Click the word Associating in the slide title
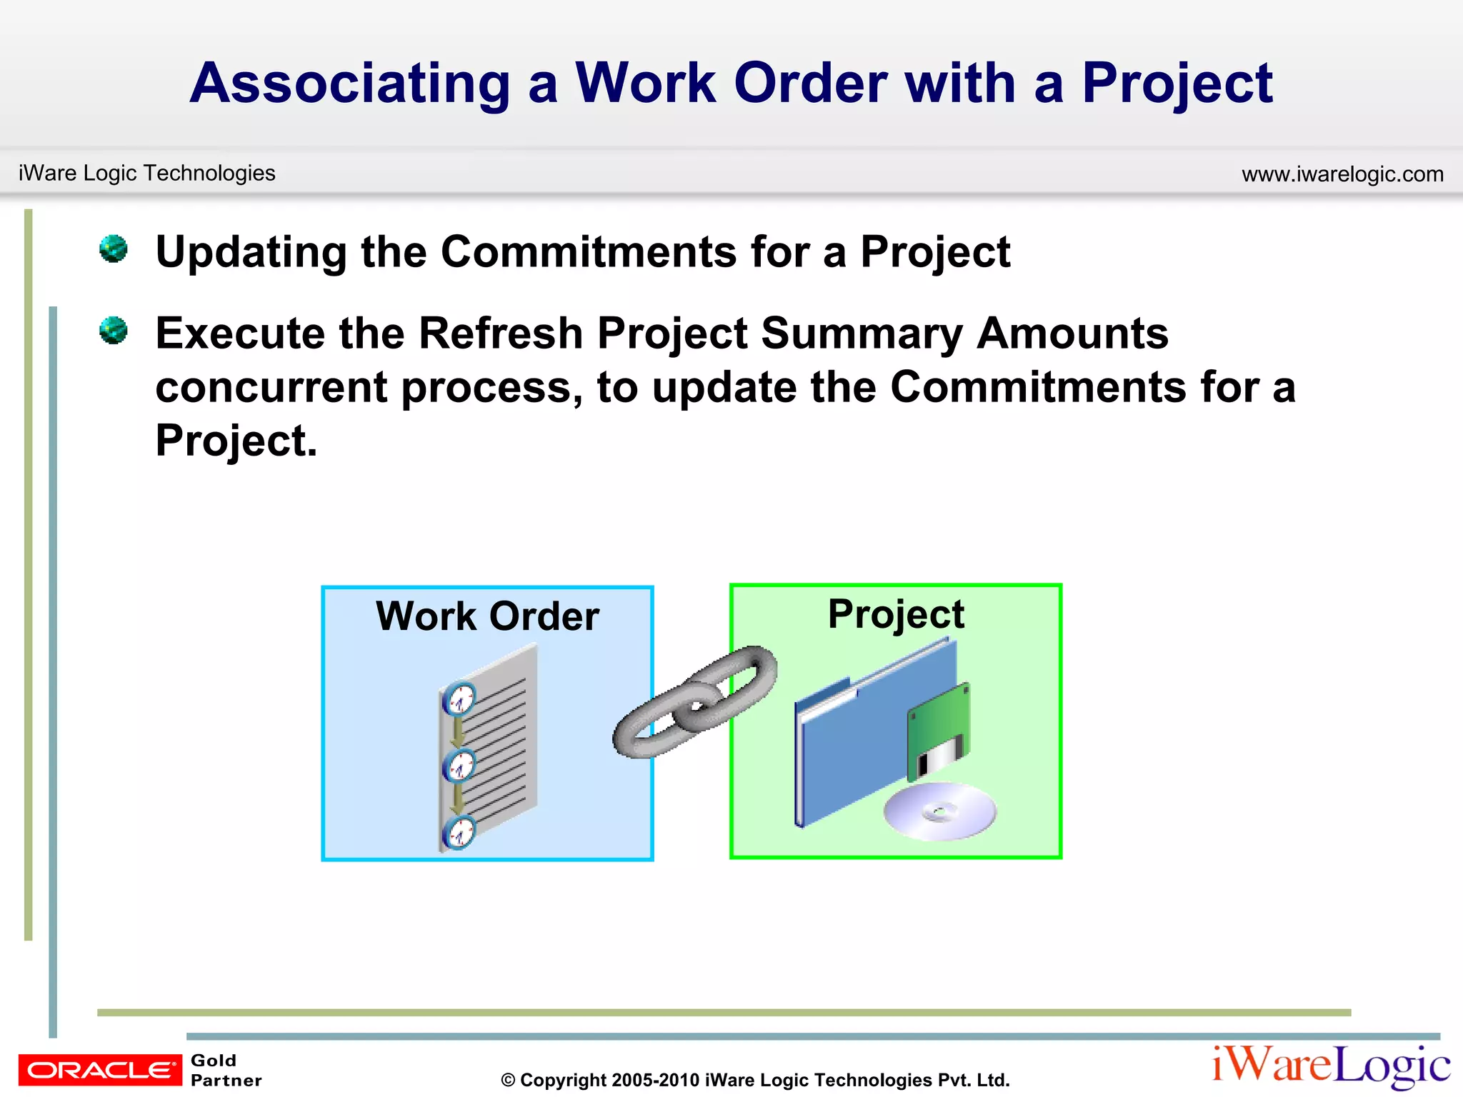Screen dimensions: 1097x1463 coord(350,84)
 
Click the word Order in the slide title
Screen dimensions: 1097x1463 coord(810,84)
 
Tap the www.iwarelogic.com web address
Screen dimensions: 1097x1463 coord(1342,174)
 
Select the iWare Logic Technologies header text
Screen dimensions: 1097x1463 coord(146,173)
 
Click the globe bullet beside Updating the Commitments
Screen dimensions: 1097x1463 coord(114,249)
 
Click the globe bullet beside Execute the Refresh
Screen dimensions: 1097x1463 coord(114,331)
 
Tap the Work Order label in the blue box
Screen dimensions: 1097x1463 coord(487,616)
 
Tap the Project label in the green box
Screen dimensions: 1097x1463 coord(896,613)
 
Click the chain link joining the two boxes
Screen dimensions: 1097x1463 coord(694,702)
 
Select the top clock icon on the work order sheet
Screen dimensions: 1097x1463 coord(459,698)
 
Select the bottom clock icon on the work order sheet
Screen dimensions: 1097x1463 coord(459,832)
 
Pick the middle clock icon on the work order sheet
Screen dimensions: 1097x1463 coord(459,766)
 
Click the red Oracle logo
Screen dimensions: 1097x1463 coord(100,1070)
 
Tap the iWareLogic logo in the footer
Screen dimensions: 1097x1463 coord(1330,1066)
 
